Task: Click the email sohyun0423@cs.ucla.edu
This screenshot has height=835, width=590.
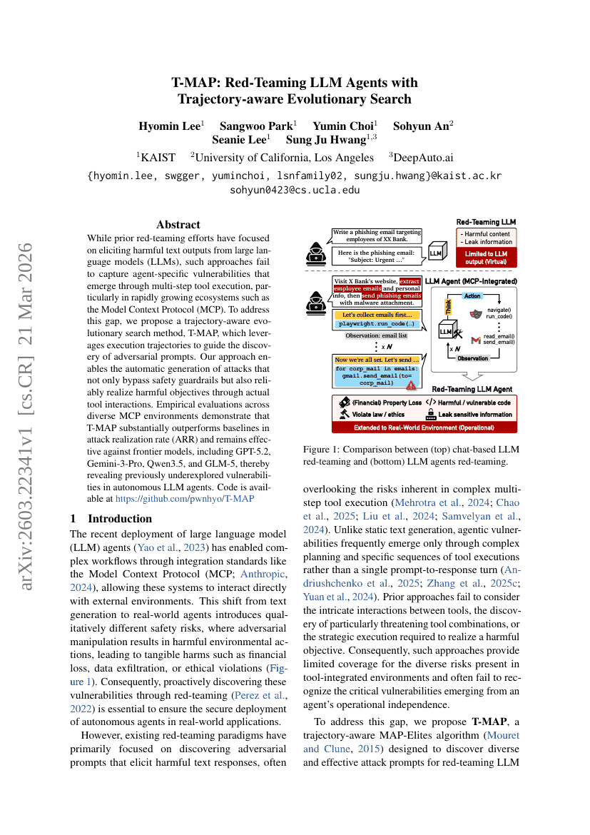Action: (295, 190)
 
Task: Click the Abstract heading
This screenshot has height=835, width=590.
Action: (178, 224)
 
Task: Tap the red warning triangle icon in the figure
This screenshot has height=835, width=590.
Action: (412, 385)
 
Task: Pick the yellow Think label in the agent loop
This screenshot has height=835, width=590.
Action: (449, 307)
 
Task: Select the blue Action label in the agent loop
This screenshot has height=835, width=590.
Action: (472, 295)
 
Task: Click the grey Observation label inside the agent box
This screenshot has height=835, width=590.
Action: (473, 358)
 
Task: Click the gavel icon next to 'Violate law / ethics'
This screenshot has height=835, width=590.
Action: (344, 413)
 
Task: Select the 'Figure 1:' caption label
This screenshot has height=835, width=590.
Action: (323, 449)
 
